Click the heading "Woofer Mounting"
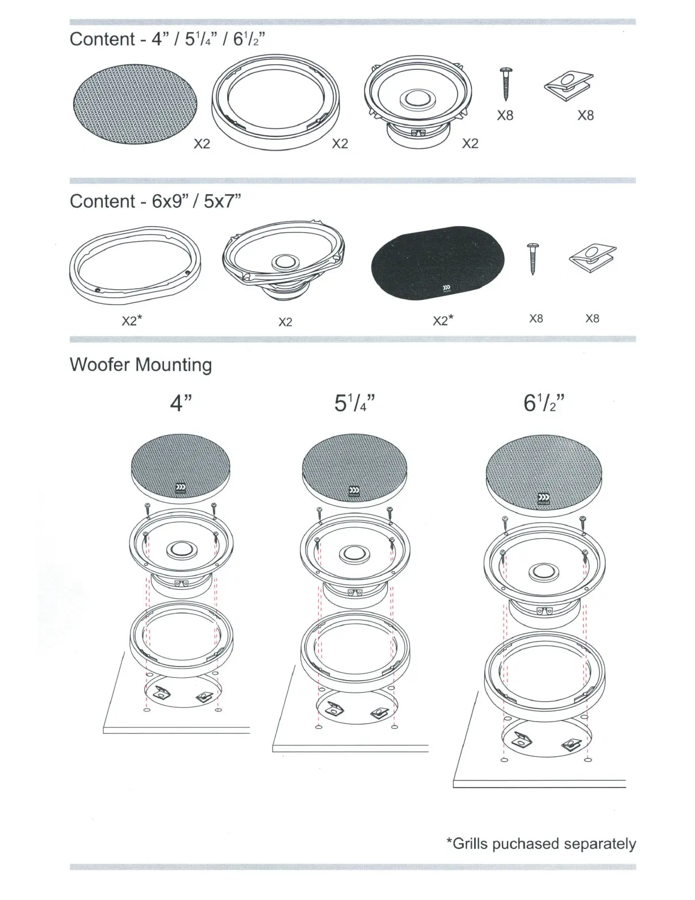tap(141, 365)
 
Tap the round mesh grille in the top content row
tap(135, 104)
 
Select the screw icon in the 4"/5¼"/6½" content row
tap(505, 84)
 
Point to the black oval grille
tap(438, 262)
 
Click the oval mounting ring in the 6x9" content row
tap(135, 262)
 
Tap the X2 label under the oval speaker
tap(285, 322)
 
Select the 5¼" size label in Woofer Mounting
tap(354, 403)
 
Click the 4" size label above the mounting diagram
tap(181, 403)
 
